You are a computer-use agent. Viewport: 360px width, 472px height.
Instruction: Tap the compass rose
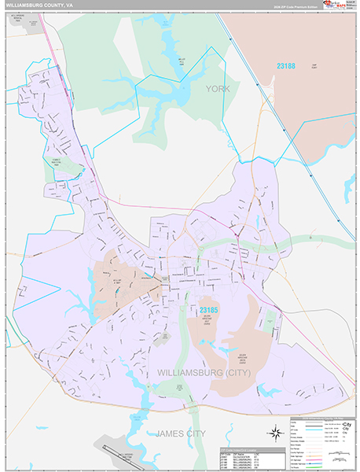275,431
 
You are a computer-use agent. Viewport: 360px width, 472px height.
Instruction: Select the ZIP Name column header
241,454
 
